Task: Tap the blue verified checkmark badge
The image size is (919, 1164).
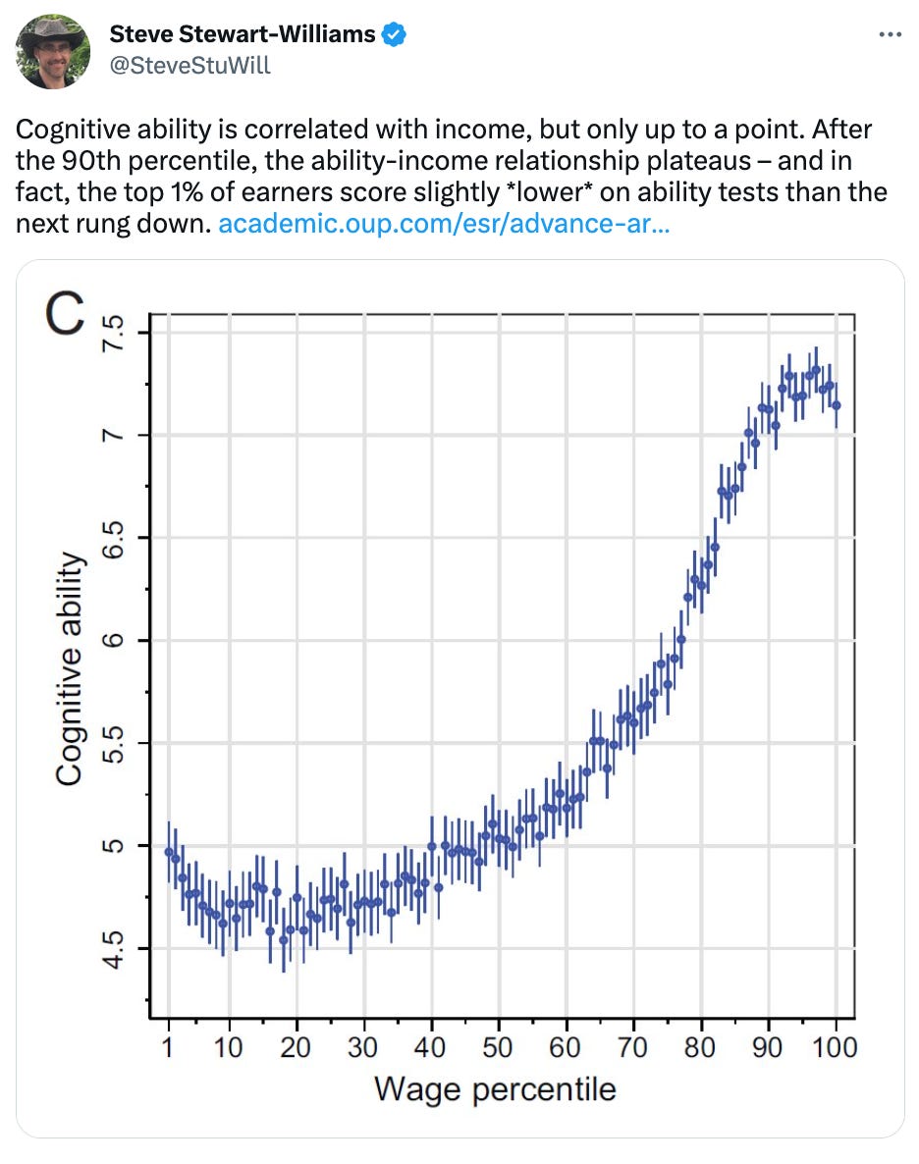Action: point(394,35)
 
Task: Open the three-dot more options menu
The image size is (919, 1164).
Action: point(889,34)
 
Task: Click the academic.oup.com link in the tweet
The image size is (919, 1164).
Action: point(444,224)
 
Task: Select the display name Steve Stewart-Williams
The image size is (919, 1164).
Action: point(242,35)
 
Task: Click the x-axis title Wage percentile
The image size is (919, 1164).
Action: point(495,1089)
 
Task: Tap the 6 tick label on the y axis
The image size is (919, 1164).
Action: point(116,641)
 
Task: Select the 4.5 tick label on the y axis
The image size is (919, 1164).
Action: point(116,948)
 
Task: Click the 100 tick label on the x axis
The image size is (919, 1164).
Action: point(835,1047)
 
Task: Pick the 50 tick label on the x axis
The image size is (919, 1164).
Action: point(499,1047)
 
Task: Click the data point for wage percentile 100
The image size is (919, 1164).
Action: point(836,404)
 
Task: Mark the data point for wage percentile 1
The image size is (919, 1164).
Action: point(169,852)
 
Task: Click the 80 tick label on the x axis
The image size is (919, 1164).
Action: point(701,1047)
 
